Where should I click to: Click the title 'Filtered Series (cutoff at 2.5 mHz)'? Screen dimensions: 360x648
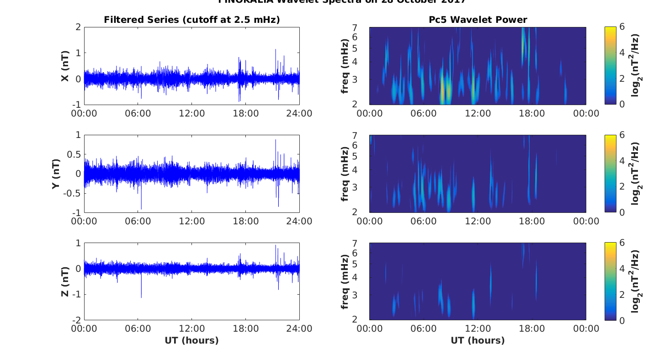point(191,20)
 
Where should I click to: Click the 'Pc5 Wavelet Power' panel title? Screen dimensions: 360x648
point(478,20)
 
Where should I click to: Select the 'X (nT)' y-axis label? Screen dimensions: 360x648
point(65,72)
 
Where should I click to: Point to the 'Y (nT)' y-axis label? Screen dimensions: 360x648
point(56,174)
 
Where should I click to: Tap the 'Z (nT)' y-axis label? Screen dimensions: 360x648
point(65,281)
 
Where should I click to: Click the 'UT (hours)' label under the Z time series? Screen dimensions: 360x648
point(191,340)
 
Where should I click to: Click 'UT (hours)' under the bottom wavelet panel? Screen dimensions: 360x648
point(478,340)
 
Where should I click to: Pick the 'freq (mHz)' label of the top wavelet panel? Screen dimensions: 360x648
point(345,66)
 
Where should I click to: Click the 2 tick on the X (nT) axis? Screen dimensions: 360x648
point(78,27)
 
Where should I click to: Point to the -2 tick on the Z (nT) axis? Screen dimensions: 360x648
point(76,320)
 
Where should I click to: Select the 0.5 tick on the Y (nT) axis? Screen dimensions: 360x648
point(74,154)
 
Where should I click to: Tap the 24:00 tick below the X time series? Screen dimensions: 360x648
point(299,113)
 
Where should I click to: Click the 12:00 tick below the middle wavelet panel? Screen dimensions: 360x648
point(478,221)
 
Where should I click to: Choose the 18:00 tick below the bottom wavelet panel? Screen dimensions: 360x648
point(532,329)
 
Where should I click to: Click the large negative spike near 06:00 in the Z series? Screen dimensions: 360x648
point(141,297)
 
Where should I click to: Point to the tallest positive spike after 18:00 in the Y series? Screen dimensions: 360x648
point(276,140)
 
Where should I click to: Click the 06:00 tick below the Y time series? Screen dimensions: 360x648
point(138,221)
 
